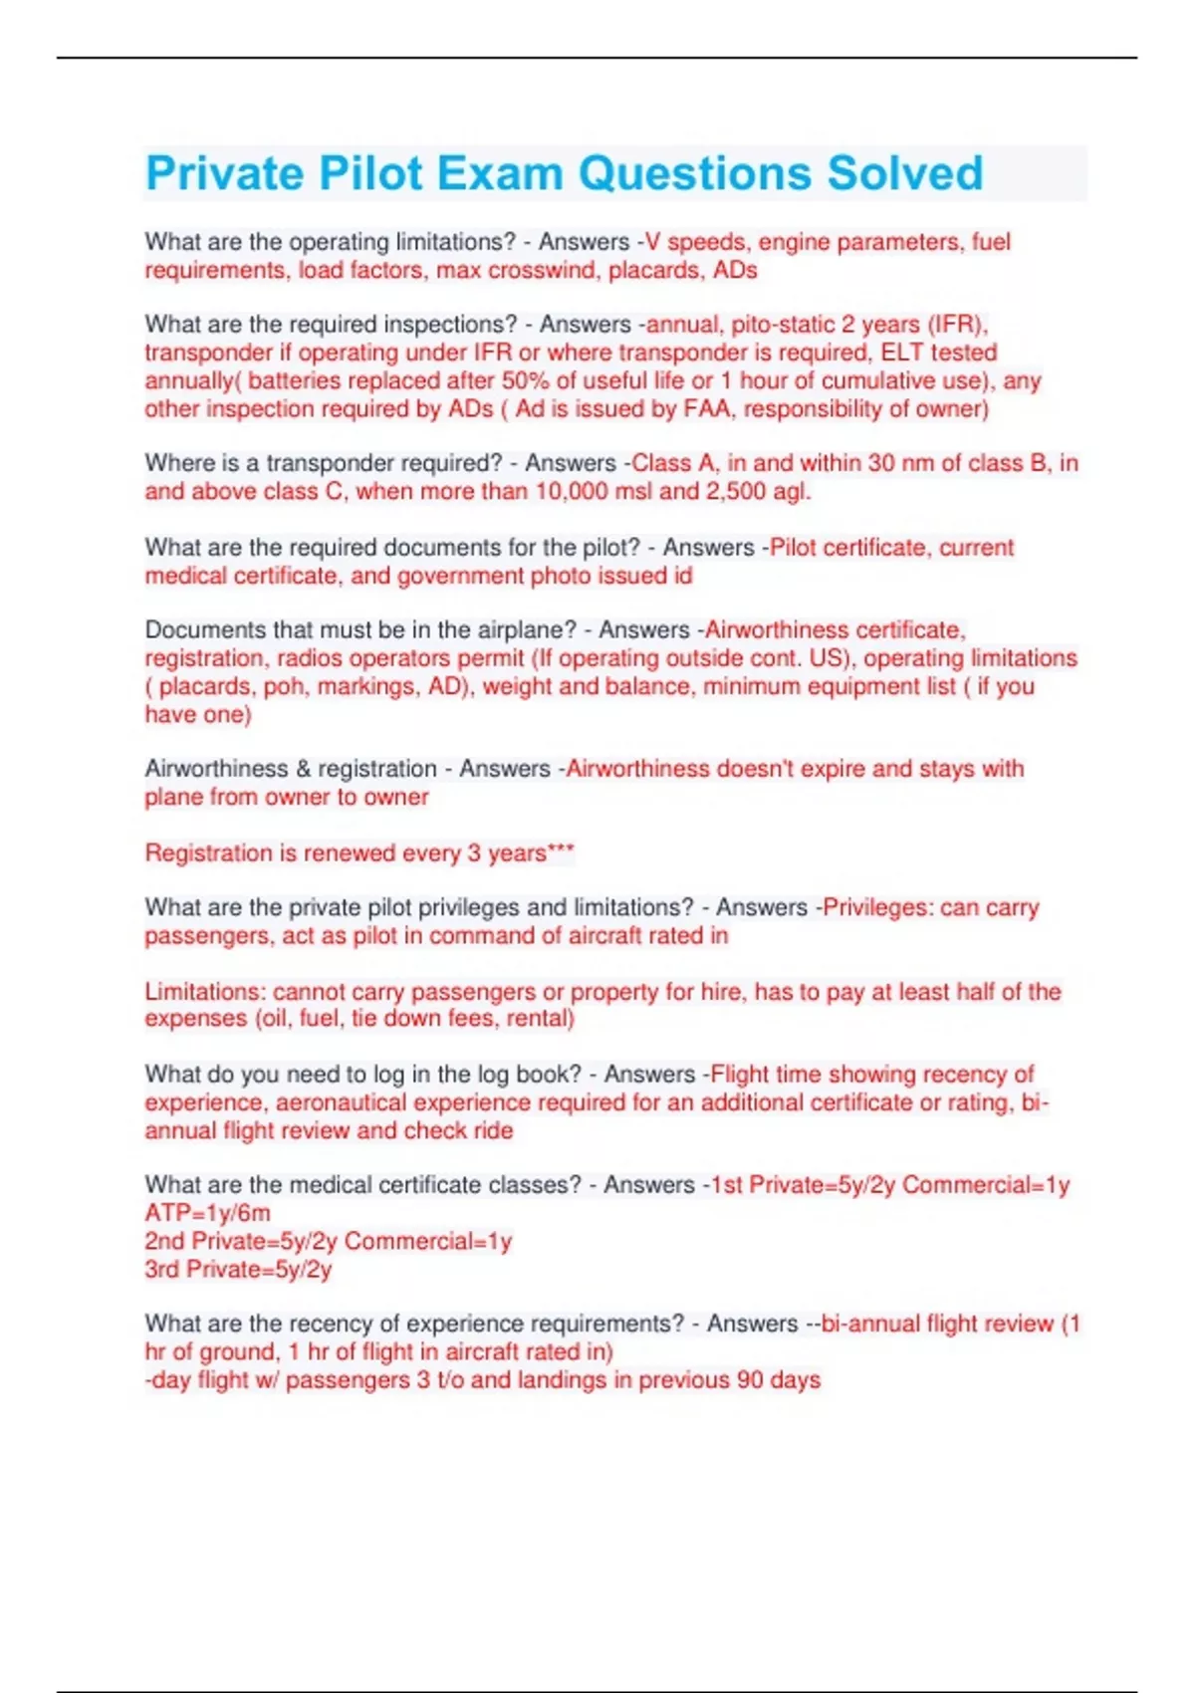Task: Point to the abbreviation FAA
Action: [x=706, y=408]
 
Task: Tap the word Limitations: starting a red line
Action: [x=205, y=992]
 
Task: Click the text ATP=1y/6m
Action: [x=207, y=1213]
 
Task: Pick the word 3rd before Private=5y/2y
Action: [x=162, y=1270]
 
